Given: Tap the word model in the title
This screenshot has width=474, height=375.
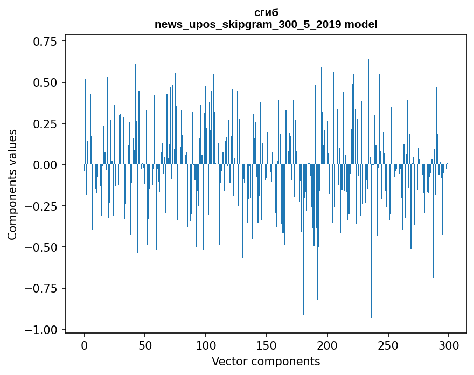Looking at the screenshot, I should [x=361, y=25].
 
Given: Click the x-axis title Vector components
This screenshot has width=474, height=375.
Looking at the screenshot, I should [x=266, y=362].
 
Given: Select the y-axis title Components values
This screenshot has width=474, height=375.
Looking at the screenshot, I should [x=13, y=184].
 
